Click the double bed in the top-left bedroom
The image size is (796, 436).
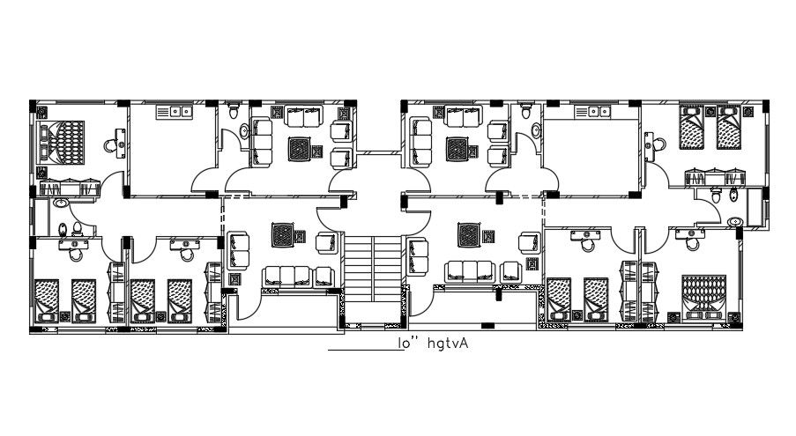[x=63, y=144]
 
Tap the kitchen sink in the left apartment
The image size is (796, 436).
[x=175, y=111]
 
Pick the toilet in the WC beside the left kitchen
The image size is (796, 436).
[x=233, y=112]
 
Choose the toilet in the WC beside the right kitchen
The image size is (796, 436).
[x=526, y=112]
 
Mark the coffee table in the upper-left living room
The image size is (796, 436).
[x=301, y=149]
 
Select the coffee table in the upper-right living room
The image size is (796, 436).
[x=457, y=149]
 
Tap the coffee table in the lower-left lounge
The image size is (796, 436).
[x=283, y=233]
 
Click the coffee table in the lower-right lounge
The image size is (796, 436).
[x=467, y=233]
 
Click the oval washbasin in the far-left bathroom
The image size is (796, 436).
[x=60, y=203]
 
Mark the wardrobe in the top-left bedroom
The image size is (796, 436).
[x=68, y=187]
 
